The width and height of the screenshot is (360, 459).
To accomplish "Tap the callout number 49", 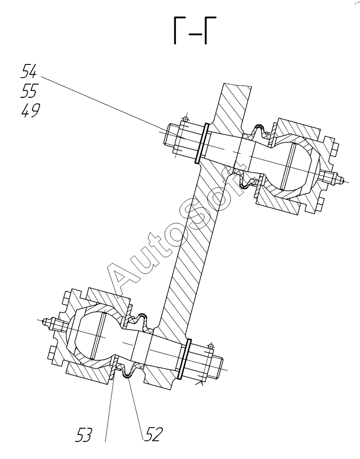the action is [30, 111].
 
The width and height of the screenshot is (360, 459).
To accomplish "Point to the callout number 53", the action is [84, 434].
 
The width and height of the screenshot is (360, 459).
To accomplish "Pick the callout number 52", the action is [153, 434].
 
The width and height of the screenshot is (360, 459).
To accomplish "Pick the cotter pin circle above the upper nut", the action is [185, 119].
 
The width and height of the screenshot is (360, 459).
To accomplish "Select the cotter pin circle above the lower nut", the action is [210, 347].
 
